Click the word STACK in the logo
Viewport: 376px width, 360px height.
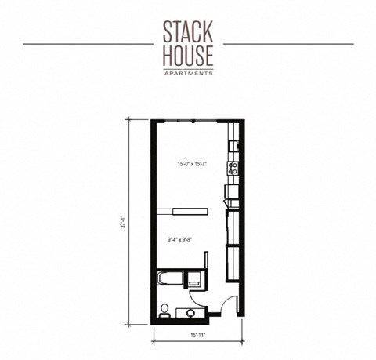[188, 31]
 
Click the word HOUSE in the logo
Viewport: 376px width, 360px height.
[188, 56]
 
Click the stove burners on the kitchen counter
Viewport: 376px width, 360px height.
[232, 166]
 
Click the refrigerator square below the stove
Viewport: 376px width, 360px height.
[231, 191]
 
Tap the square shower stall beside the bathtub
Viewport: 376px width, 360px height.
[194, 278]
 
